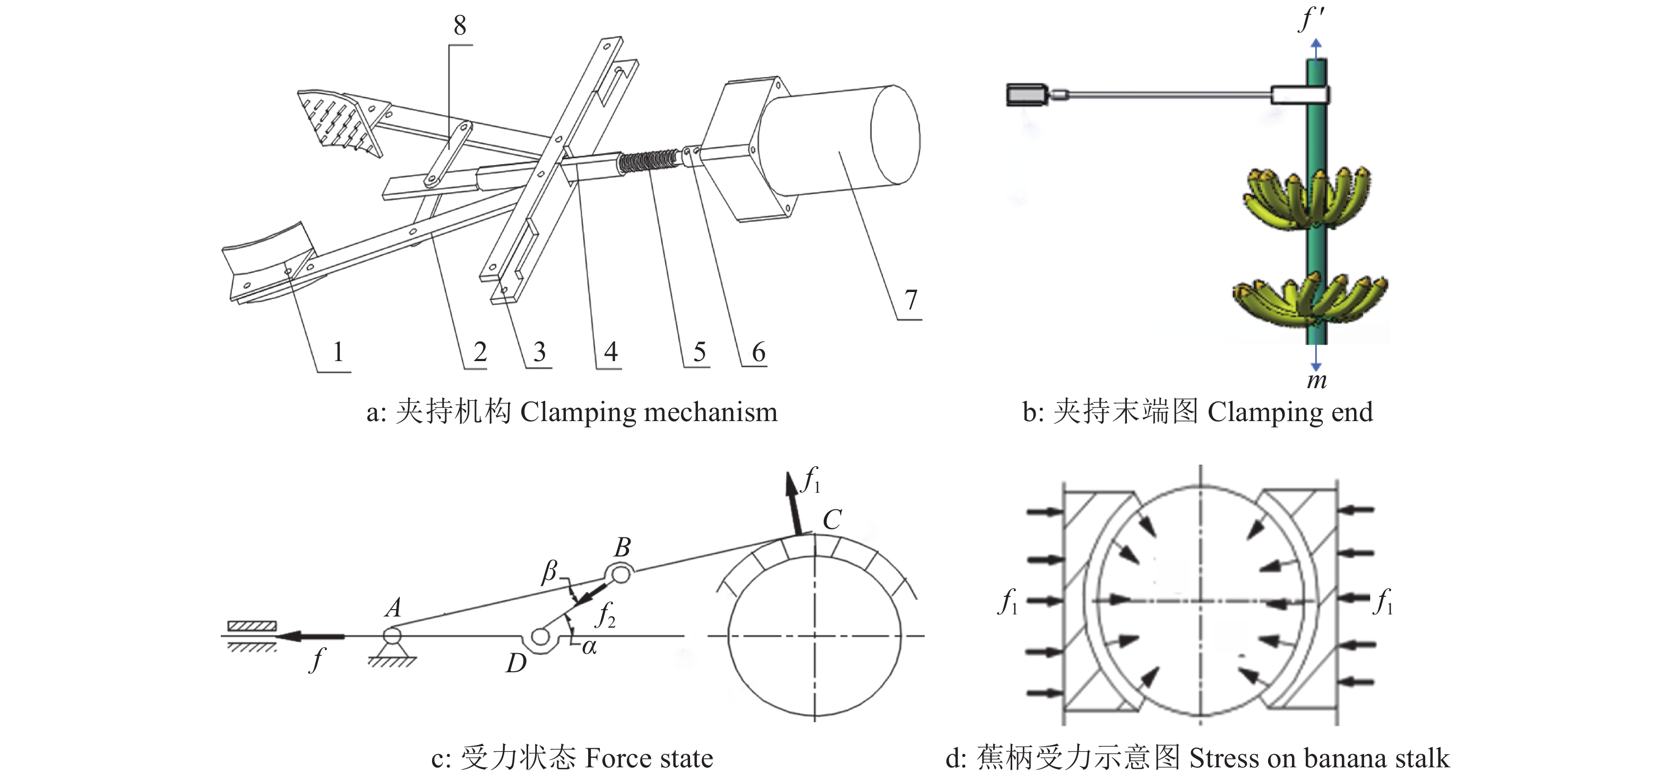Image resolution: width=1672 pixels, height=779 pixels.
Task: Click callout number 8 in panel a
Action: [460, 26]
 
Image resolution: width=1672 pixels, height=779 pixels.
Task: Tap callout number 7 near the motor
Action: [911, 300]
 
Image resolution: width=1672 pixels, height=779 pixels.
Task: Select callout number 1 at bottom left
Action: [338, 352]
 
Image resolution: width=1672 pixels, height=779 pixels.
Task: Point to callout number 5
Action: [699, 352]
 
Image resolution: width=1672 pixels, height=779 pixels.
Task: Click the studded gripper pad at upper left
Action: [338, 120]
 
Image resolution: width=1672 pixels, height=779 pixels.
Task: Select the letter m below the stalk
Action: [1316, 380]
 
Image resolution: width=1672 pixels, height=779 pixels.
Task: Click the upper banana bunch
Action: [1306, 198]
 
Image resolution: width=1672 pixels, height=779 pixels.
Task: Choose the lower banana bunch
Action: [1310, 300]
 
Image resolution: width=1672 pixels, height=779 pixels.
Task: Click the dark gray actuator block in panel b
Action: [1026, 95]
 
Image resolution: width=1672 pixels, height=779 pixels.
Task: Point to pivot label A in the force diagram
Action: [393, 608]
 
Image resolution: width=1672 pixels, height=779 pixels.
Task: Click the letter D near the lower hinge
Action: [516, 663]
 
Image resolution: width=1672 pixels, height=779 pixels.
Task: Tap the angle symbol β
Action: [550, 571]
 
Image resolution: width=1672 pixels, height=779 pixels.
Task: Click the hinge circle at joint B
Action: [620, 574]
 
